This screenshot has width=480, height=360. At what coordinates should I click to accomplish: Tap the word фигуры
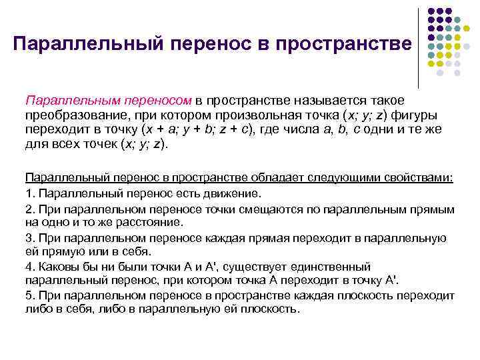tap(434, 115)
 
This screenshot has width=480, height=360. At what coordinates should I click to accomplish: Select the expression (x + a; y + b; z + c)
tap(181, 129)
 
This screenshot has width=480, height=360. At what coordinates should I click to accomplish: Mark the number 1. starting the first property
tap(29, 194)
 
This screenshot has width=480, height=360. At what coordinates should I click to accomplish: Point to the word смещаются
tap(270, 209)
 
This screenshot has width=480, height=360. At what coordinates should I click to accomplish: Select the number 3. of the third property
tap(29, 238)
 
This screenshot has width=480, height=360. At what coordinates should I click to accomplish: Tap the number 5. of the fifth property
tap(29, 295)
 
